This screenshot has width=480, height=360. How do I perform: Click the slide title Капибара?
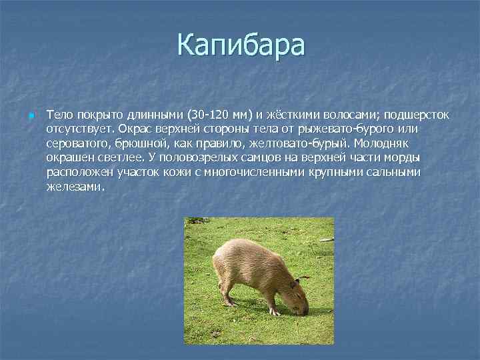pos(241,45)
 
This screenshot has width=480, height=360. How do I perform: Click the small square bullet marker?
pos(31,116)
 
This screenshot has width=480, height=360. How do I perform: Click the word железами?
pos(75,187)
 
